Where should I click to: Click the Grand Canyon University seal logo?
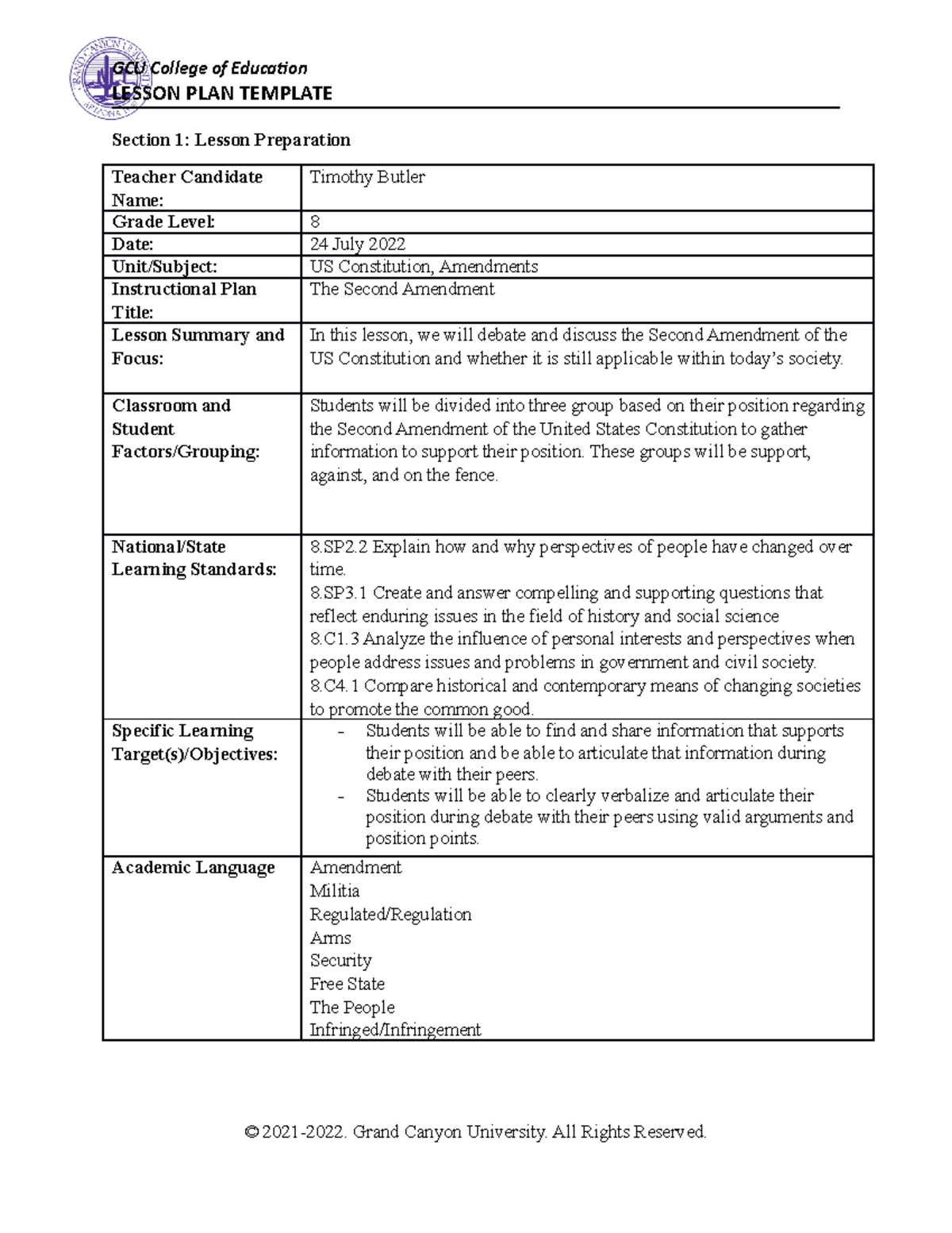tap(110, 87)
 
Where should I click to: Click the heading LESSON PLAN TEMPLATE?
tap(222, 94)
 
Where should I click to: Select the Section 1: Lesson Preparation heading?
tap(231, 141)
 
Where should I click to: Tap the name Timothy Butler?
tap(367, 177)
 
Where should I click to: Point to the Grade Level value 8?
tap(315, 222)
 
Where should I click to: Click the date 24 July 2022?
tap(357, 245)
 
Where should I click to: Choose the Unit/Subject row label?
tap(164, 267)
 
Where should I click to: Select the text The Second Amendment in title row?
tap(401, 289)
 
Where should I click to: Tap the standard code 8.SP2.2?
tap(339, 547)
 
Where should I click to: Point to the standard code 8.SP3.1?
tap(339, 593)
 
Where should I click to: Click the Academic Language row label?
tap(193, 868)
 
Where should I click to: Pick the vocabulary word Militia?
tap(334, 891)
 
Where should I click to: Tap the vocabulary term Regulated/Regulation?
tap(390, 915)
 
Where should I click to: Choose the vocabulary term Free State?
tap(347, 984)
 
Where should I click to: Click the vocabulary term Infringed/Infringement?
tap(395, 1031)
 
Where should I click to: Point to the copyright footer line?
tap(476, 1131)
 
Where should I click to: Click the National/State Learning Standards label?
tap(194, 558)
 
